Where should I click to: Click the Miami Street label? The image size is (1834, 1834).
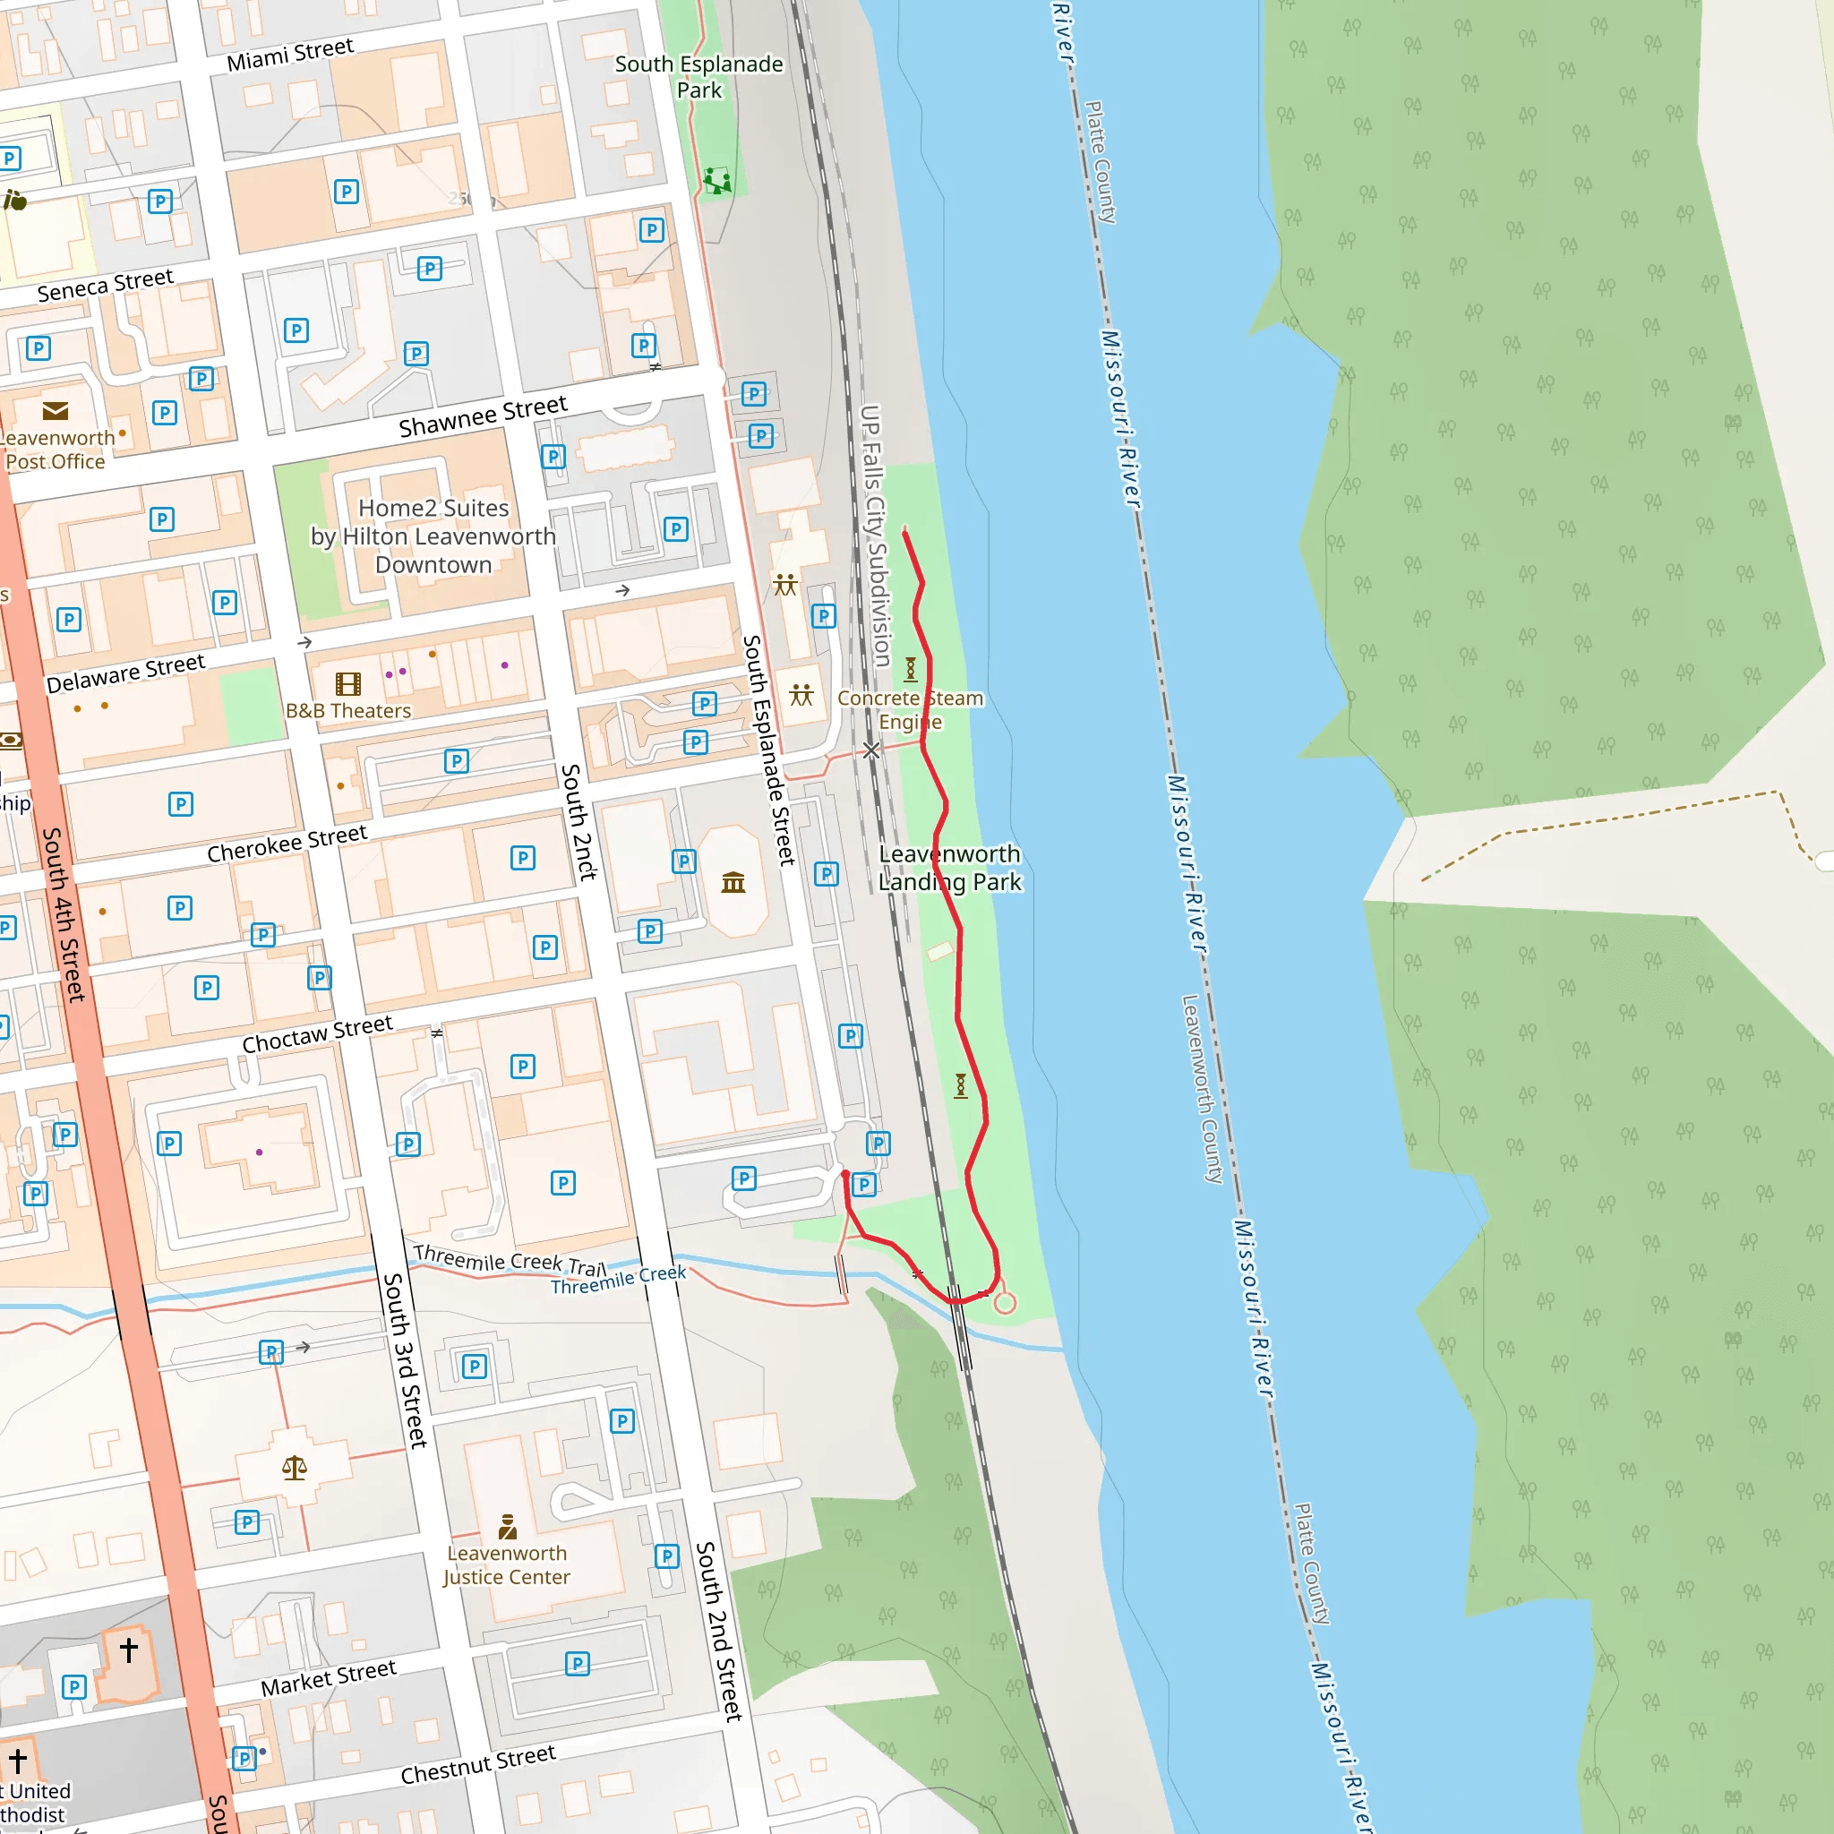289,54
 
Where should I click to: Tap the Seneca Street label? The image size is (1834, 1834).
106,285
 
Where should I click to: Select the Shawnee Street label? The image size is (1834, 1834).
483,416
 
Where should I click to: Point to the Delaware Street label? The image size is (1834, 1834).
125,673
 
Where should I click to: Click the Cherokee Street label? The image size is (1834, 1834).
287,844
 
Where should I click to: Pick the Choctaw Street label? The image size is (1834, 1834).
317,1033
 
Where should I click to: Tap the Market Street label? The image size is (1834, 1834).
329,1677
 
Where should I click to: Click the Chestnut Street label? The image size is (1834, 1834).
477,1764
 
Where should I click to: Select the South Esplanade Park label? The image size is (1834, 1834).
698,77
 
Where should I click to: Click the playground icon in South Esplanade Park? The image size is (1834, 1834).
717,180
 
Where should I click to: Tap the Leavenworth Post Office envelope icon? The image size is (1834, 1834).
55,411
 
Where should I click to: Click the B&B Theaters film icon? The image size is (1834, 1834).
348,683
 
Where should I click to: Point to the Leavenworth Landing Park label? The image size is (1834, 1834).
949,868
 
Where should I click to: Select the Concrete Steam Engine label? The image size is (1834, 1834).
910,710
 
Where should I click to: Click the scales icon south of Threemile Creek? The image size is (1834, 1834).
295,1469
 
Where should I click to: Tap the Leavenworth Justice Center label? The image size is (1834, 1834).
506,1565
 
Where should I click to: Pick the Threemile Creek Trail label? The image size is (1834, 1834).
509,1260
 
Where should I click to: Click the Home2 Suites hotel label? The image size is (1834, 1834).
433,536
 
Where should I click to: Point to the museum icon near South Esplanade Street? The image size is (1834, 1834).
733,884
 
